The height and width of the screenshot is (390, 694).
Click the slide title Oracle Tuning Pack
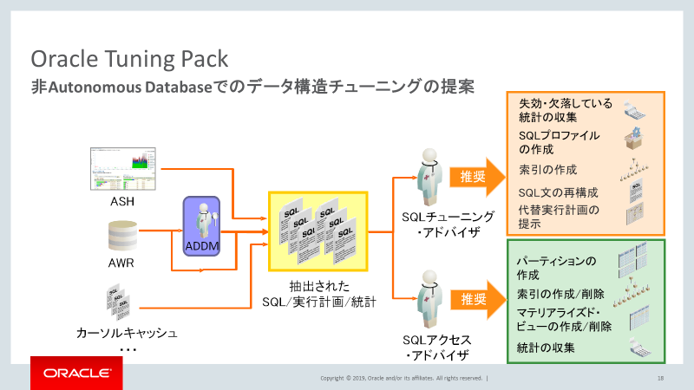pyautogui.click(x=130, y=59)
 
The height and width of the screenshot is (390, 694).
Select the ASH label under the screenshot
pyautogui.click(x=121, y=202)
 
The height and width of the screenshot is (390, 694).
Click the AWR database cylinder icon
pyautogui.click(x=122, y=234)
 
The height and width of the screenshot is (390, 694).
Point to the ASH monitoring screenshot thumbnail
pyautogui.click(x=121, y=171)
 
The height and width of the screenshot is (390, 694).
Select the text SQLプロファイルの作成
pyautogui.click(x=559, y=142)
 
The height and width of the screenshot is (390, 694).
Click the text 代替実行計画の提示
pyautogui.click(x=559, y=217)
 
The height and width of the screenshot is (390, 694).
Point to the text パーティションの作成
pyautogui.click(x=556, y=267)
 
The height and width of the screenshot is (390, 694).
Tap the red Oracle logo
pyautogui.click(x=76, y=374)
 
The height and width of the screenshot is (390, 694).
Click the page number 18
pyautogui.click(x=661, y=378)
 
